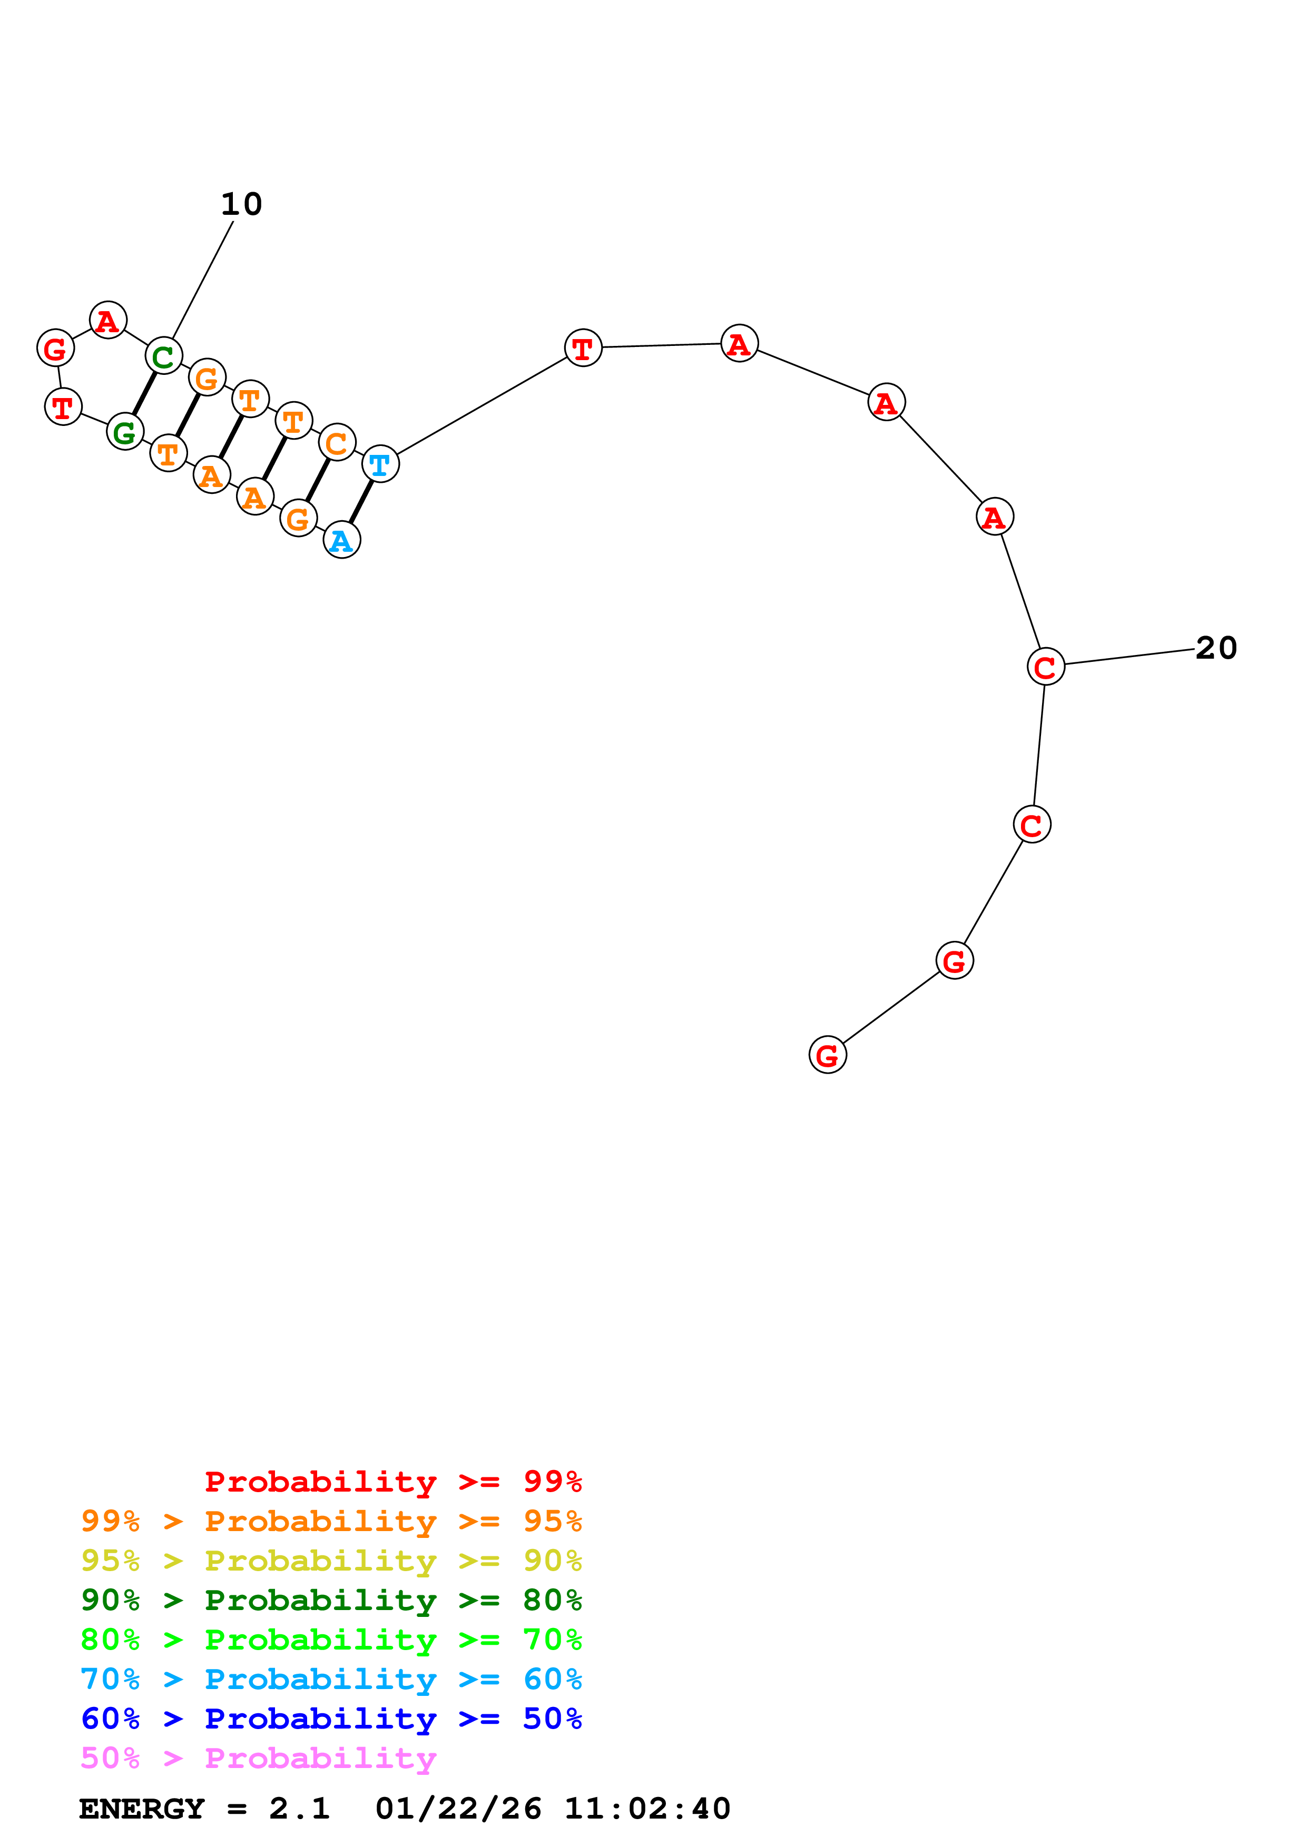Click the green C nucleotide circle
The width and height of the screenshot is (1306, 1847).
(x=163, y=355)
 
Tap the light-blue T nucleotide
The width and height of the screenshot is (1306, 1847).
(x=380, y=464)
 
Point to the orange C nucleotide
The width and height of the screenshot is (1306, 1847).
(x=337, y=442)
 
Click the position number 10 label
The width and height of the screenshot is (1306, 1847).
(x=241, y=204)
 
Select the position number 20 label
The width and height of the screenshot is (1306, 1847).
(x=1216, y=648)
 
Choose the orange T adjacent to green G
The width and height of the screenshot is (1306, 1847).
(x=168, y=454)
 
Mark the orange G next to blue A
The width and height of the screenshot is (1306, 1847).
(x=299, y=518)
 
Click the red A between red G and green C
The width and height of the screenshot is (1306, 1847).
(x=108, y=320)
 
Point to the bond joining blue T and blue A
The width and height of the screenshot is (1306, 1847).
(x=360, y=502)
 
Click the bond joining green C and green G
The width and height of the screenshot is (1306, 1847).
(x=144, y=394)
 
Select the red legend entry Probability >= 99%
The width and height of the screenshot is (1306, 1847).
(x=394, y=1481)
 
